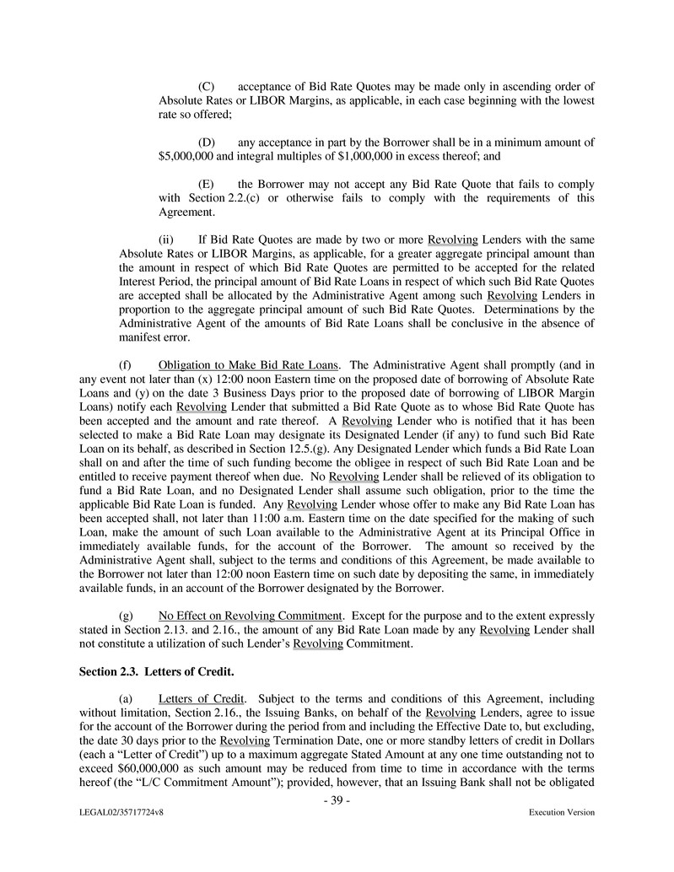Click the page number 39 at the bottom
tap(337, 799)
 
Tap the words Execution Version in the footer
tap(561, 813)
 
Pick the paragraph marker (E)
tap(206, 184)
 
